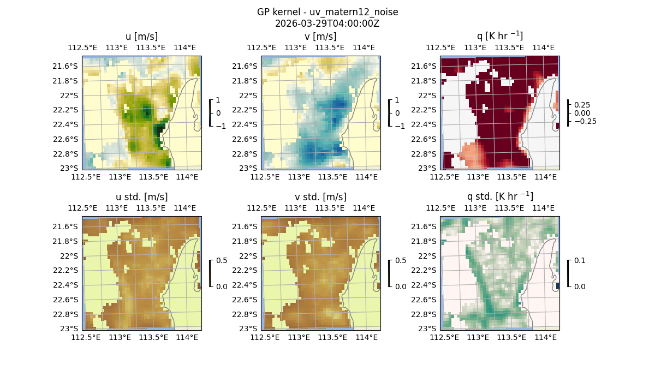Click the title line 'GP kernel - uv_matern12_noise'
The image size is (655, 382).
click(x=327, y=12)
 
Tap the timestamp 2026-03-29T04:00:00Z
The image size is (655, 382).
click(x=327, y=23)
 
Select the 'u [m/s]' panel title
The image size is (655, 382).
click(x=141, y=37)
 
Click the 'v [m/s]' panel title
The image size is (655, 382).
click(x=321, y=37)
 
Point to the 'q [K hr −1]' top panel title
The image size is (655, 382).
click(x=499, y=36)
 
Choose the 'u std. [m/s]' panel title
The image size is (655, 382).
click(x=141, y=197)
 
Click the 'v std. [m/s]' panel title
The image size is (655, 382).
click(x=321, y=197)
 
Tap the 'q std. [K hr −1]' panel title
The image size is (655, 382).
click(x=499, y=196)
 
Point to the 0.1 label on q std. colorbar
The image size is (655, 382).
click(x=579, y=261)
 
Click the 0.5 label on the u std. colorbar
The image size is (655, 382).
click(x=222, y=261)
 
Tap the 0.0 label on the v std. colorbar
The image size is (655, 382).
click(x=401, y=286)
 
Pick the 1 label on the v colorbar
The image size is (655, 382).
click(x=397, y=100)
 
